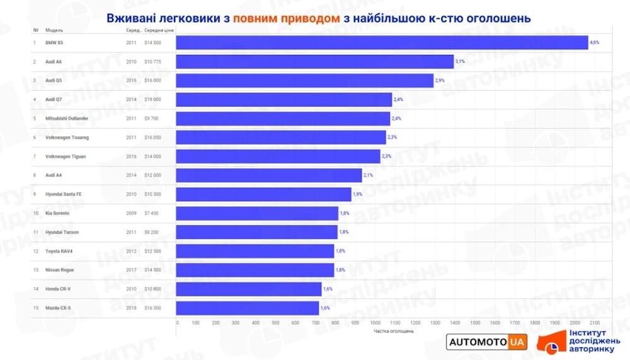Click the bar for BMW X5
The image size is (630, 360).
[381, 43]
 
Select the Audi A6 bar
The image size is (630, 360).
[314, 62]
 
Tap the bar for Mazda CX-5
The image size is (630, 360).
[247, 308]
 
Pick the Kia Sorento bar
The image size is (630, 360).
[257, 213]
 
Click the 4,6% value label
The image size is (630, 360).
[594, 43]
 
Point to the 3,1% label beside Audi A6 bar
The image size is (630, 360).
[460, 62]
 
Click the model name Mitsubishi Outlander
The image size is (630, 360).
[67, 119]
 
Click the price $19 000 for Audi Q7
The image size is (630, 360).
[152, 100]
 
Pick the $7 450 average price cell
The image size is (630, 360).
[151, 213]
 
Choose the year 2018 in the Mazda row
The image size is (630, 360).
[130, 308]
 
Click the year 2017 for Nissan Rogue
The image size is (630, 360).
[130, 270]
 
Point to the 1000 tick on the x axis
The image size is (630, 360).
[375, 323]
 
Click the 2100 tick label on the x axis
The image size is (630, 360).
[593, 323]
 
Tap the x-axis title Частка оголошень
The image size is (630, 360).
[394, 331]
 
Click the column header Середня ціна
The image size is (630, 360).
[159, 30]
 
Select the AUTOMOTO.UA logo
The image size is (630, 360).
[486, 342]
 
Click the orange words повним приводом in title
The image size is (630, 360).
[287, 18]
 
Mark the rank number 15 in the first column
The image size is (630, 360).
[35, 308]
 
